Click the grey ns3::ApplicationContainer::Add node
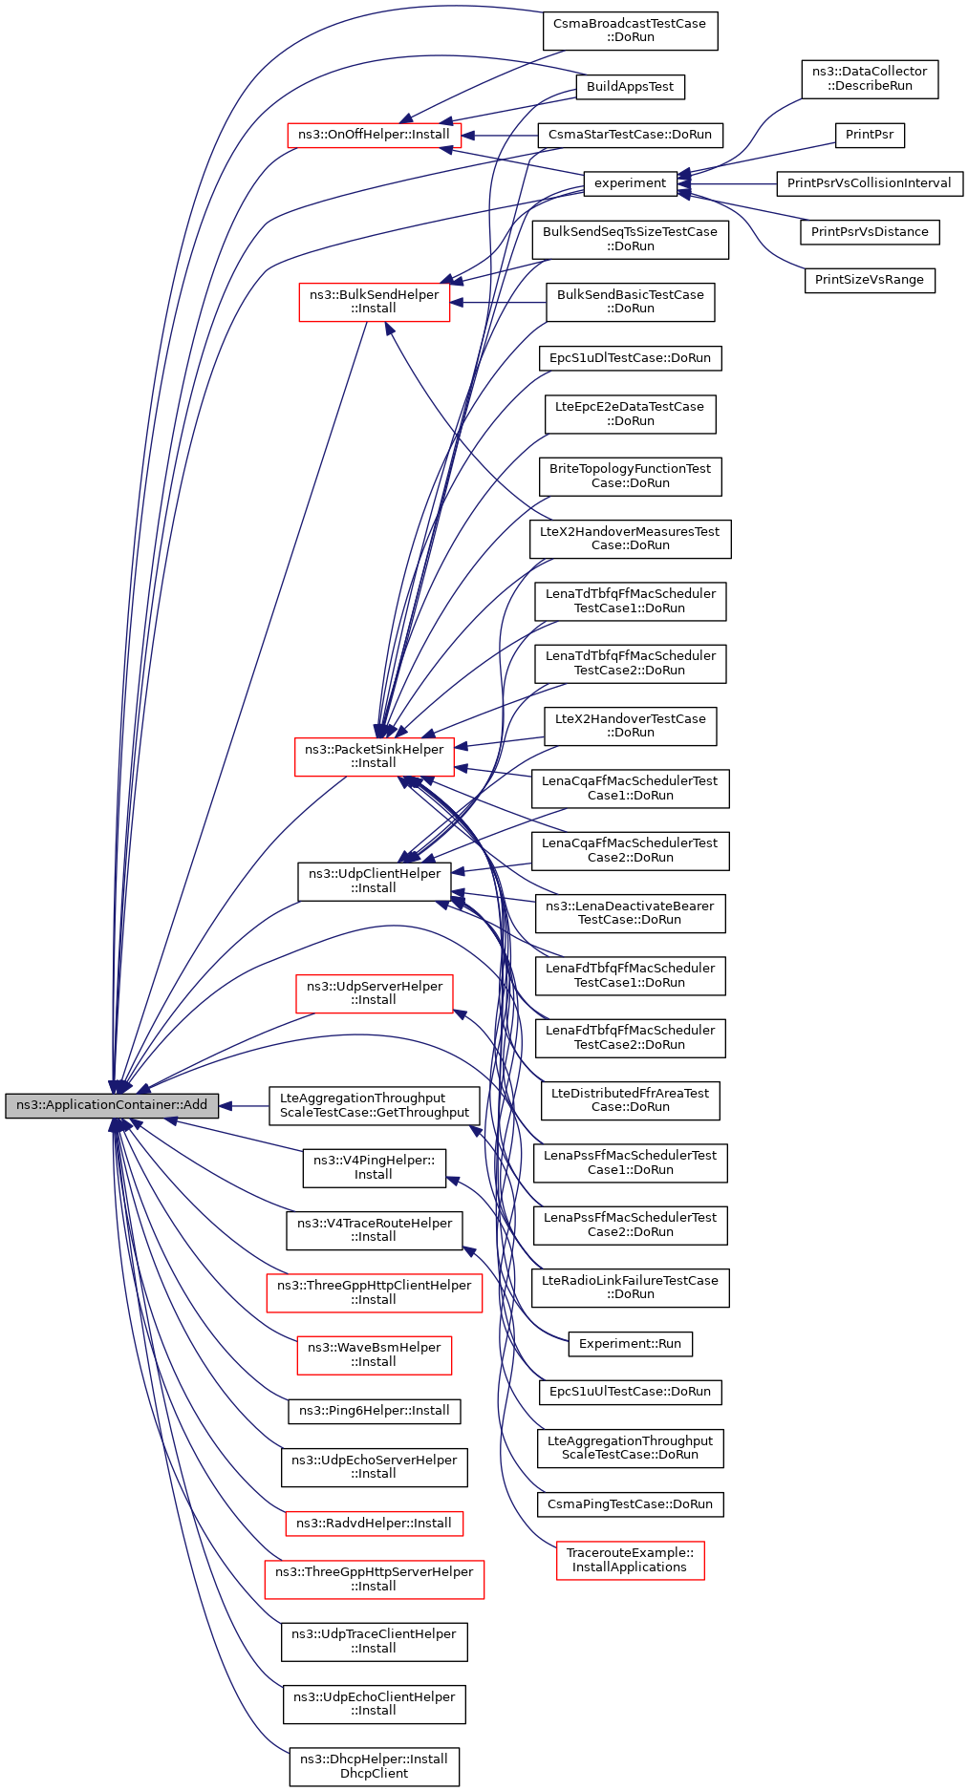coord(112,1105)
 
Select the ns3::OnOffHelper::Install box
coord(374,135)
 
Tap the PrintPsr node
coord(869,135)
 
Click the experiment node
coord(630,183)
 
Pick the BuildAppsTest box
coord(630,87)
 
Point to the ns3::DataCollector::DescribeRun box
coord(870,78)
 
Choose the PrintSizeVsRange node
coord(869,280)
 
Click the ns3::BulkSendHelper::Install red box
coord(374,302)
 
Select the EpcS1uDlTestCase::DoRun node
coord(630,358)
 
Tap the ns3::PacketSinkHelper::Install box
coord(374,757)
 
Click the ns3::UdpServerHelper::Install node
coord(374,993)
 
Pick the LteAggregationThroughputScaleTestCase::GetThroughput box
coord(375,1105)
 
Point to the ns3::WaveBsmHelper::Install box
coord(374,1354)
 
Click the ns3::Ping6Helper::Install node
coord(374,1411)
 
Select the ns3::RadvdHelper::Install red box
coord(374,1524)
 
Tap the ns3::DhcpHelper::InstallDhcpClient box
coord(374,1766)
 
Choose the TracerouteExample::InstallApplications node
coord(630,1560)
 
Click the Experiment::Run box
coord(630,1344)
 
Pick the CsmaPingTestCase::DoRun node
coord(630,1504)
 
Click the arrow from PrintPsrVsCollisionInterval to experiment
coord(726,183)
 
